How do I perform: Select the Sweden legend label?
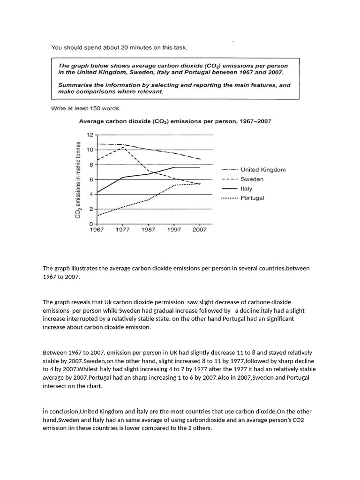click(252, 179)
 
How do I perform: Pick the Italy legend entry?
click(247, 188)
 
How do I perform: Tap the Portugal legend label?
click(252, 198)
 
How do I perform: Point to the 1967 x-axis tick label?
click(97, 230)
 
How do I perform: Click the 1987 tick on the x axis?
click(148, 230)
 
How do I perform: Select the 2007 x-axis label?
click(200, 230)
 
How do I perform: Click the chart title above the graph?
click(175, 121)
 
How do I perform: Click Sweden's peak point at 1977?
click(123, 147)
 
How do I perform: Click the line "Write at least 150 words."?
click(85, 109)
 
